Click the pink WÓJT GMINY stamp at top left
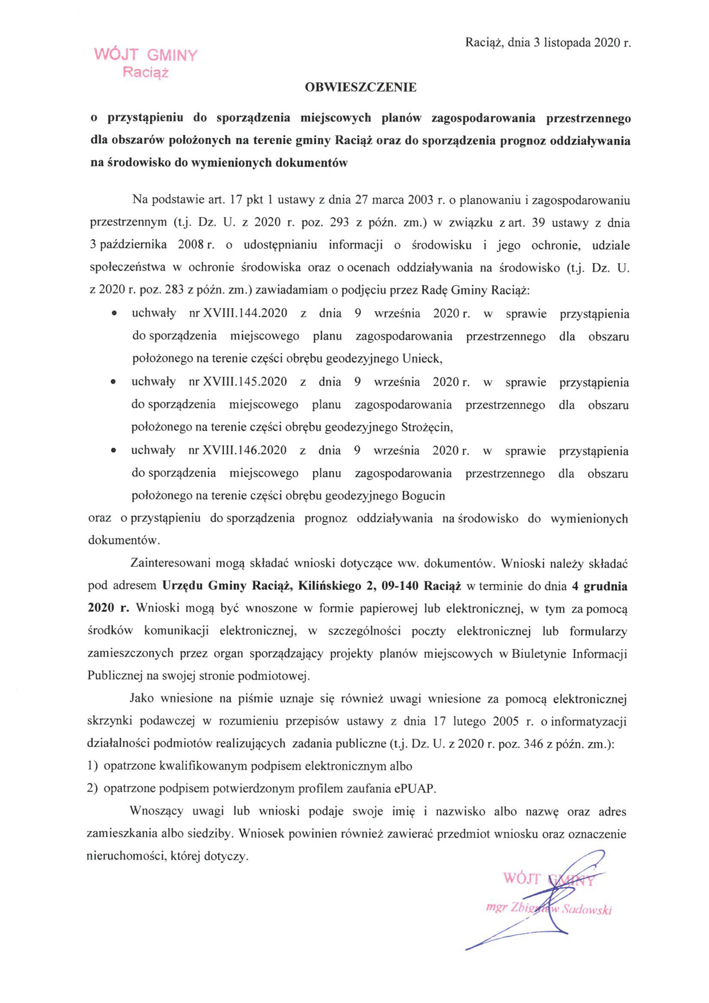pos(146,56)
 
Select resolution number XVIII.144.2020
pos(245,313)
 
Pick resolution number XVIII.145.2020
pos(245,382)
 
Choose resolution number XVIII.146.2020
pos(245,450)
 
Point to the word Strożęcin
pos(426,427)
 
